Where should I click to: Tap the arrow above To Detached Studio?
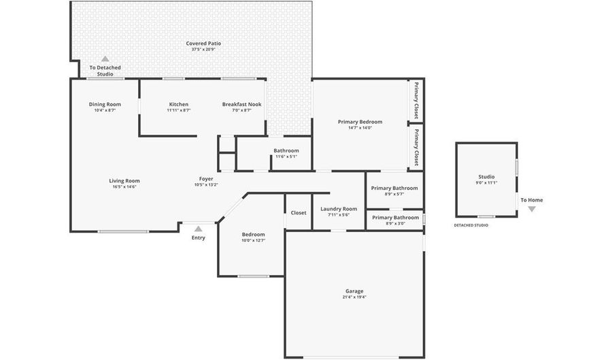tap(105, 59)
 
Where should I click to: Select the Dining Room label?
tap(105, 104)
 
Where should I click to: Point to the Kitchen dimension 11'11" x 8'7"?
tap(179, 110)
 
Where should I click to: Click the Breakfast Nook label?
tap(241, 104)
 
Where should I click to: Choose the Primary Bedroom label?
tap(360, 122)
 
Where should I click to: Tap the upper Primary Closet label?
tap(416, 101)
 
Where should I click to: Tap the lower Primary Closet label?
tap(416, 146)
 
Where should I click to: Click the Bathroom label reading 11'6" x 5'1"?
tap(286, 150)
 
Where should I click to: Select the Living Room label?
tap(124, 181)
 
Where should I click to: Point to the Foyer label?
tap(206, 178)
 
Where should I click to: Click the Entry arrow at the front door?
tap(198, 229)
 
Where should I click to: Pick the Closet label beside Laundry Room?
tap(299, 212)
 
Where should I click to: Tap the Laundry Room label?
tap(339, 209)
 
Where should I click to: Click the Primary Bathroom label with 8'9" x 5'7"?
tap(394, 188)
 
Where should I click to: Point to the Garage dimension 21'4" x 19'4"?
tap(354, 297)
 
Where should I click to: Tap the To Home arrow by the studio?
tap(532, 209)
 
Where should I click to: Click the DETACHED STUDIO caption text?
tap(471, 225)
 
